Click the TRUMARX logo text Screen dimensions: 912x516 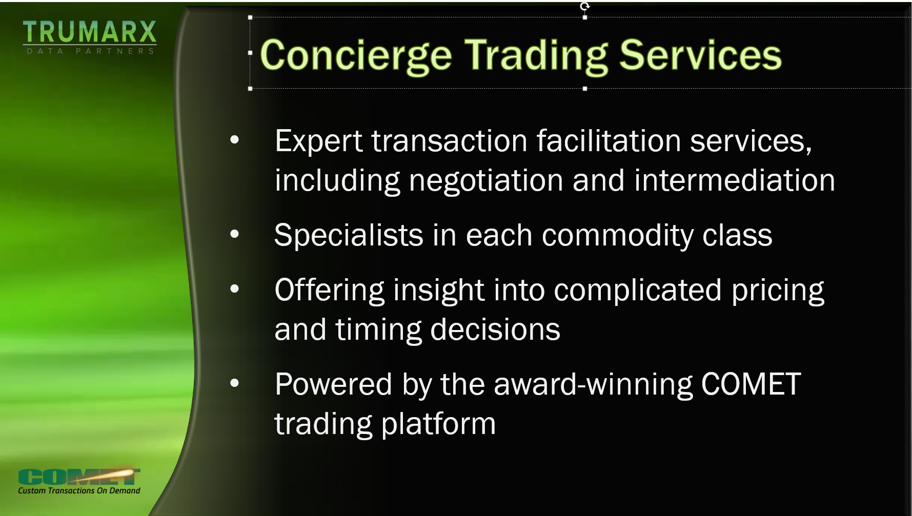[x=90, y=32]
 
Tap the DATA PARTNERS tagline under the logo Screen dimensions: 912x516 [x=91, y=51]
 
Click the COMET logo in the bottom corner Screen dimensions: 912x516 [x=79, y=477]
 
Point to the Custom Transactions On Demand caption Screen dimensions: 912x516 [x=79, y=490]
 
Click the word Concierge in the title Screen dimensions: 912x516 [x=356, y=57]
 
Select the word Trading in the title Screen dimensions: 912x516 [x=536, y=57]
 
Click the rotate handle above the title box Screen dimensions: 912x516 [x=585, y=6]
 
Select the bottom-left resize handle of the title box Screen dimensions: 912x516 [x=250, y=89]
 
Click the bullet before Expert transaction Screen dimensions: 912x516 [x=235, y=139]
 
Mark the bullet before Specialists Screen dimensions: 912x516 [x=235, y=234]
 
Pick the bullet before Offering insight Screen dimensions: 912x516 [x=235, y=289]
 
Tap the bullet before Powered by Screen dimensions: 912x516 [x=235, y=383]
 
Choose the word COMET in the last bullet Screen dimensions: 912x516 [x=751, y=384]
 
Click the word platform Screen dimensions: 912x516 [x=438, y=425]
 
